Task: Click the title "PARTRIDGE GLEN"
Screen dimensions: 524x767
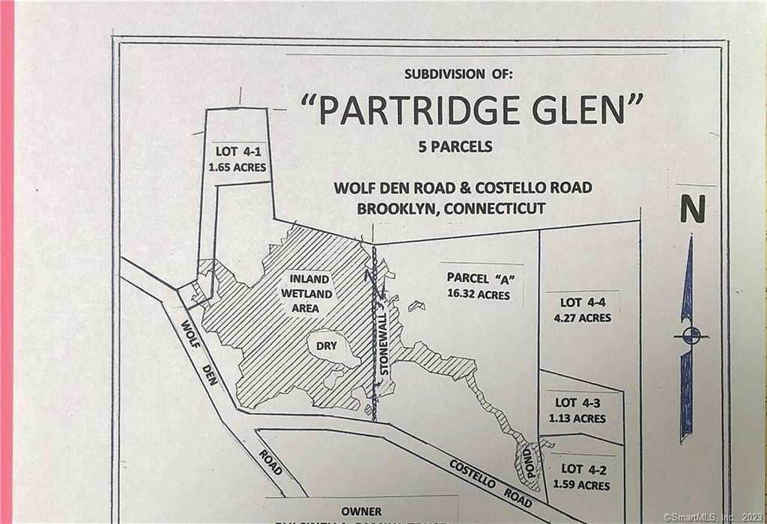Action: point(472,110)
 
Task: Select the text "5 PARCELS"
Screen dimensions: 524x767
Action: point(455,147)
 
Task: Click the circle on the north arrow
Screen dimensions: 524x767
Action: point(691,336)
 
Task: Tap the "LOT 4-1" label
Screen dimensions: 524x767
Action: point(237,149)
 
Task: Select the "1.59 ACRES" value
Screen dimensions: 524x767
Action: point(582,486)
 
